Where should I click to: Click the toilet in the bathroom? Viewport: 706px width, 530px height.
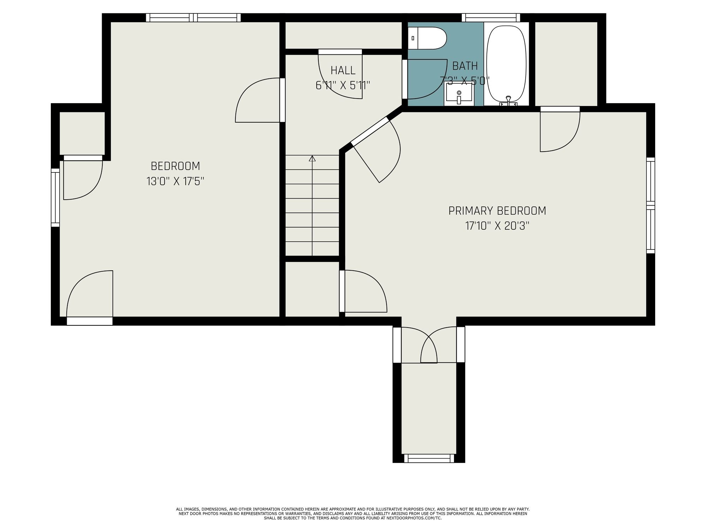tap(427, 38)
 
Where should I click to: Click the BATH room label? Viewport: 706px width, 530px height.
tap(465, 66)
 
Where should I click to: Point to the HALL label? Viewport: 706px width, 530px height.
tap(343, 70)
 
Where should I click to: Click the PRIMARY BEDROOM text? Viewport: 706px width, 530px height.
tap(497, 211)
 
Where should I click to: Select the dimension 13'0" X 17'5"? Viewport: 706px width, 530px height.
tap(175, 181)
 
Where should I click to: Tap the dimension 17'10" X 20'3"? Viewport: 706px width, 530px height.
tap(497, 226)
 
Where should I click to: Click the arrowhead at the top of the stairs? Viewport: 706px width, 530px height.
tap(312, 159)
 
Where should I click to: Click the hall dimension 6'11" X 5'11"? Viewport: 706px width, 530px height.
tap(343, 86)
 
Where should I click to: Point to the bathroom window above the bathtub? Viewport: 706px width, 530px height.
tap(491, 18)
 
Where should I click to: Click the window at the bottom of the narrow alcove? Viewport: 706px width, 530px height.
tap(429, 458)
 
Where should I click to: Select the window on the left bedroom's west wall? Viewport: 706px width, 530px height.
tap(55, 197)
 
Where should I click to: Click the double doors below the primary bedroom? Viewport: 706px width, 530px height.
tap(429, 345)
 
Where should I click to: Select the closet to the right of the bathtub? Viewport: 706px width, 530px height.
tap(566, 64)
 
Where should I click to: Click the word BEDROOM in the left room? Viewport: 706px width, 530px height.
tap(175, 166)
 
